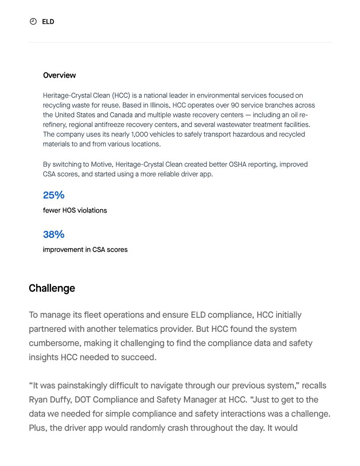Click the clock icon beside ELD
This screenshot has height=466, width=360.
[33, 22]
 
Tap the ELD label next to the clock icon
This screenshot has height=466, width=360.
[48, 22]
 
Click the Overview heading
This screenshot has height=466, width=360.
[59, 75]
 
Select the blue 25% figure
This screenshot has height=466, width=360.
[53, 195]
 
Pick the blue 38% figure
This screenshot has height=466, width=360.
[53, 234]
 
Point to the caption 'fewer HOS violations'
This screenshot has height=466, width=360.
[75, 210]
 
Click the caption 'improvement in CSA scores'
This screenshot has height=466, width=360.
[85, 250]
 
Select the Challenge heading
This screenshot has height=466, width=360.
[52, 288]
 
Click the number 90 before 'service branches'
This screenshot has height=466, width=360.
[235, 105]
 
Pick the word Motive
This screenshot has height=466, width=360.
[101, 165]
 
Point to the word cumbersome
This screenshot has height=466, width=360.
[55, 343]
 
